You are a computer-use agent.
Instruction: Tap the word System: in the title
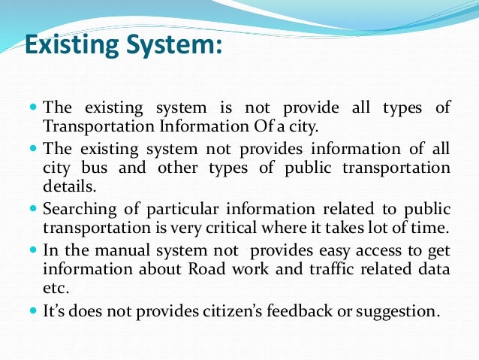[175, 47]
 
